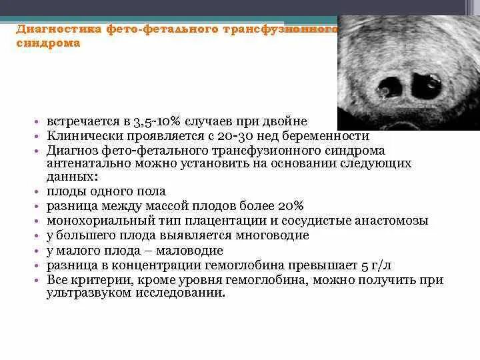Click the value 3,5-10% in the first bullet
147,121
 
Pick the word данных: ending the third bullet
72,177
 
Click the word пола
151,191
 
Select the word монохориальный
94,220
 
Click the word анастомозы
388,220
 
